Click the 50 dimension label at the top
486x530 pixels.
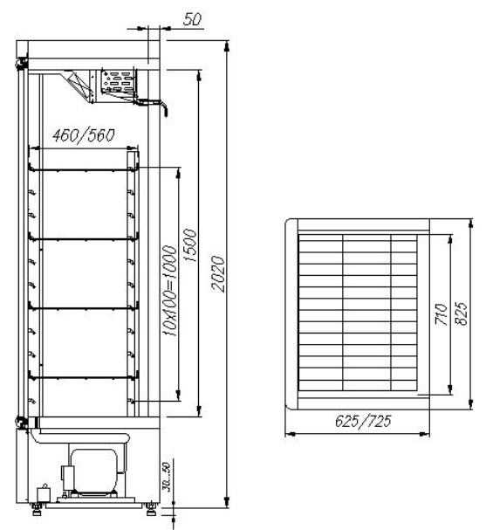(192, 19)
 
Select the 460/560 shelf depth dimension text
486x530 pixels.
(84, 135)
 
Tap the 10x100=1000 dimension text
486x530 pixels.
(169, 291)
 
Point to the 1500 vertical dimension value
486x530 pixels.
(189, 245)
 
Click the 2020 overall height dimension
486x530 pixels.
(218, 274)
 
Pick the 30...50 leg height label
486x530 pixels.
(166, 477)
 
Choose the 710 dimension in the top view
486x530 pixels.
(442, 314)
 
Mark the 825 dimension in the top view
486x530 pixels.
(462, 313)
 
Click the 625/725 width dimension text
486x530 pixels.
(363, 421)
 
